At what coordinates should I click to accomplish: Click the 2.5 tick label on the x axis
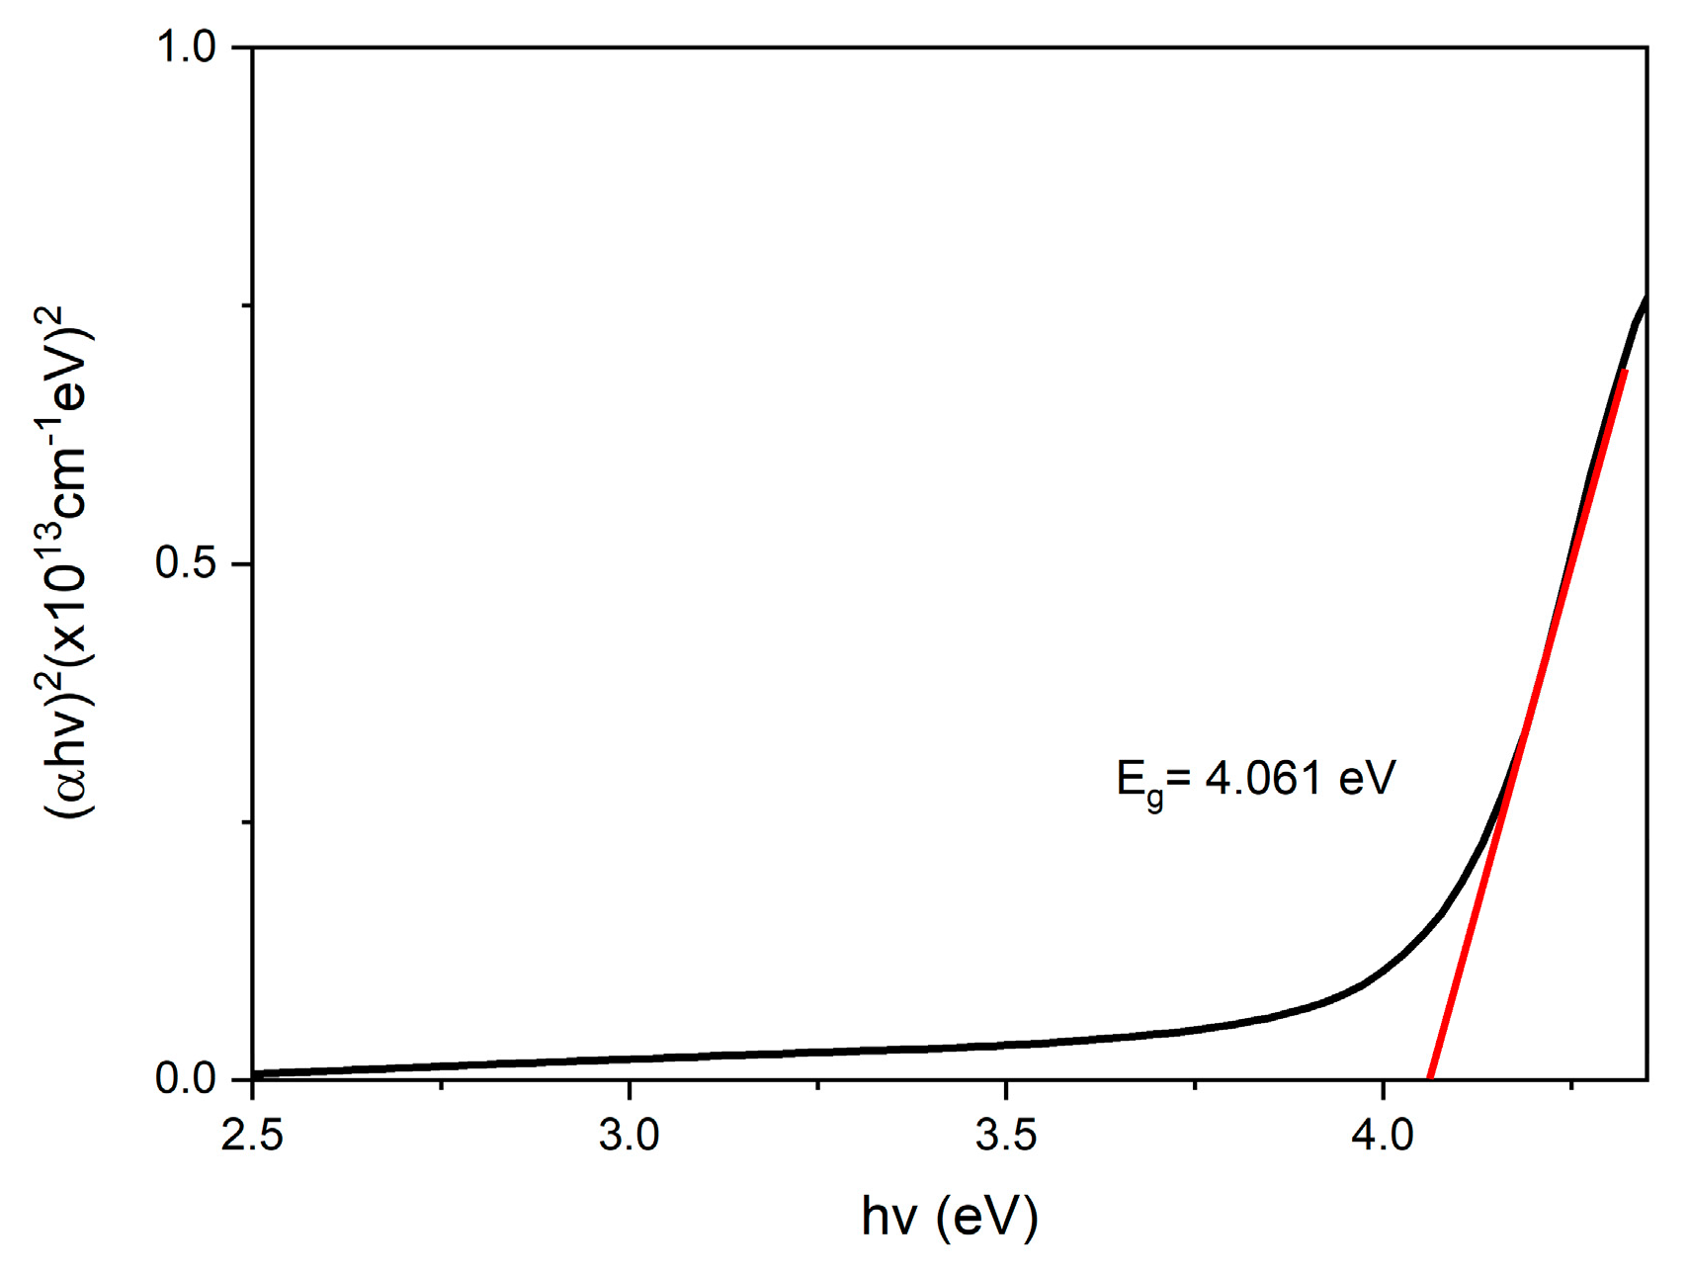[252, 1136]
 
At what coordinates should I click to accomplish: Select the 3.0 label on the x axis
[629, 1136]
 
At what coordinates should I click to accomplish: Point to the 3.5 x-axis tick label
[1006, 1136]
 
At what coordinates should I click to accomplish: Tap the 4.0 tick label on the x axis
[1383, 1136]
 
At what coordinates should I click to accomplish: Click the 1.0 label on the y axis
[187, 47]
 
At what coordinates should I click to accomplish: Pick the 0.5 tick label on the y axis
[187, 563]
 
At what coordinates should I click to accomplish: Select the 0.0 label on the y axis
[187, 1078]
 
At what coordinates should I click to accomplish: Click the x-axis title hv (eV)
[950, 1217]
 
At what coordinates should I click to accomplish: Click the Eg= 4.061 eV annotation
[1255, 781]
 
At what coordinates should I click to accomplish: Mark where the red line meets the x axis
[1429, 1078]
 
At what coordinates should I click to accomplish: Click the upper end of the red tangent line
[1624, 372]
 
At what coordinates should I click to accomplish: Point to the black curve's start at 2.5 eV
[254, 1072]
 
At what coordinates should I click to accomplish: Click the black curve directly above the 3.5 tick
[1006, 1044]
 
